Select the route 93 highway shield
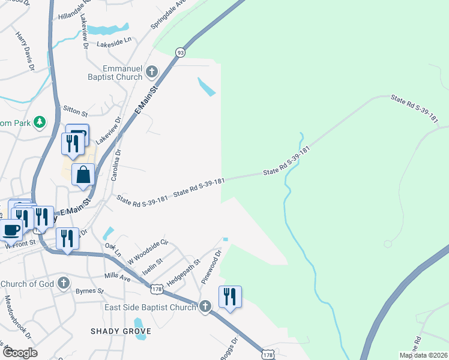pos(180,53)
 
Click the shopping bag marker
pos(83,175)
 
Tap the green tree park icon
pos(40,122)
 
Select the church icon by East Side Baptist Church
pos(205,307)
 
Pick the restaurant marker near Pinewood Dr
pos(230,297)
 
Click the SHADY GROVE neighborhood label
pos(120,331)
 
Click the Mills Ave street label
pos(117,278)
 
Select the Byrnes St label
pos(90,292)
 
